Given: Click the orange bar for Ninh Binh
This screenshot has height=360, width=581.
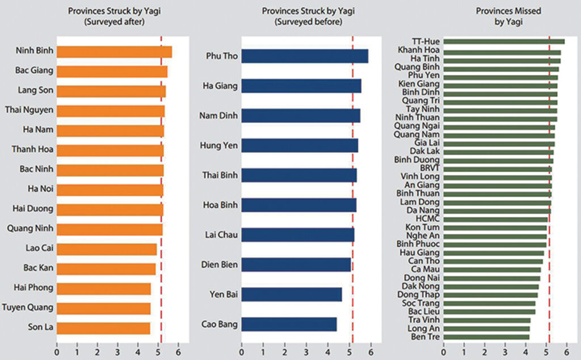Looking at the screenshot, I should pyautogui.click(x=113, y=52).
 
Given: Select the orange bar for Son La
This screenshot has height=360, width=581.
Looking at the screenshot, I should pyautogui.click(x=103, y=328).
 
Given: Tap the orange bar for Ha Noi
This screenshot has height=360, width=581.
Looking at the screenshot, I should pyautogui.click(x=110, y=189).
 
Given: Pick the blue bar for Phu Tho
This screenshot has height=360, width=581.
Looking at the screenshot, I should pyautogui.click(x=304, y=56).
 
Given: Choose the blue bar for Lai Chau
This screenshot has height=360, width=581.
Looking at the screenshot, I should pyautogui.click(x=297, y=235).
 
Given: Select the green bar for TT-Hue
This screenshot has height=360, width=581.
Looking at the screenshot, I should pyautogui.click(x=503, y=41).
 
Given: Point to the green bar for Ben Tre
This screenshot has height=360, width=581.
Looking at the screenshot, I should pyautogui.click(x=486, y=337).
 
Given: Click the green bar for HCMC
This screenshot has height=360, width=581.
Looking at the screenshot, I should pyautogui.click(x=495, y=219).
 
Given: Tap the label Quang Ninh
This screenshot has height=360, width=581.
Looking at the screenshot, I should pyautogui.click(x=30, y=229).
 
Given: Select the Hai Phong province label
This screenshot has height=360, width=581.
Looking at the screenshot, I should pyautogui.click(x=33, y=287).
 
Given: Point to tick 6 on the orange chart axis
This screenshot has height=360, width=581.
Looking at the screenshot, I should pyautogui.click(x=178, y=352).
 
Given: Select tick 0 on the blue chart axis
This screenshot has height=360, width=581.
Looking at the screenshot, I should pyautogui.click(x=242, y=352).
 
